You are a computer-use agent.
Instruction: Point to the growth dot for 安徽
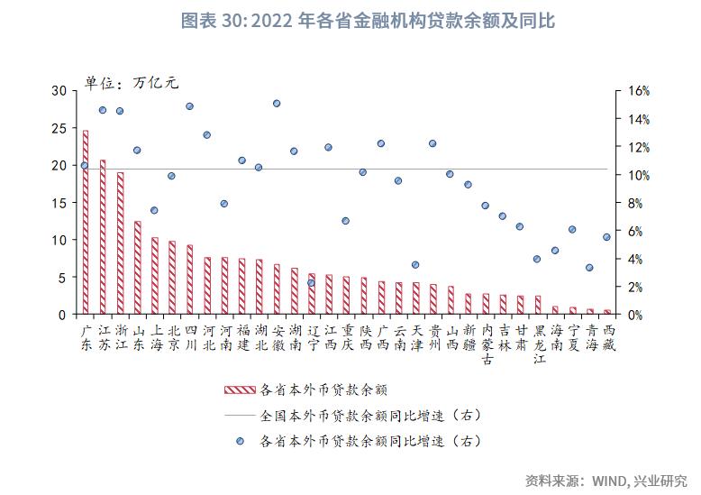click(277, 104)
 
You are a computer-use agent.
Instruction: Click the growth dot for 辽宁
click(311, 283)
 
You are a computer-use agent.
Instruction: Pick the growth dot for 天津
click(415, 265)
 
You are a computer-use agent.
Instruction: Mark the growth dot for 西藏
click(606, 237)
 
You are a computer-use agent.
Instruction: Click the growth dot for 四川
click(189, 106)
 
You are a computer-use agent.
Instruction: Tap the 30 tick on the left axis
click(59, 91)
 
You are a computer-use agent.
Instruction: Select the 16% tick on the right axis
click(637, 91)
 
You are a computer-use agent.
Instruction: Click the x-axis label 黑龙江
click(539, 344)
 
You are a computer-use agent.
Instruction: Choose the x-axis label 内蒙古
click(487, 344)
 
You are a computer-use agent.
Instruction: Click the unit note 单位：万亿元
click(132, 82)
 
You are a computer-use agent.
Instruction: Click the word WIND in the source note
click(610, 480)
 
